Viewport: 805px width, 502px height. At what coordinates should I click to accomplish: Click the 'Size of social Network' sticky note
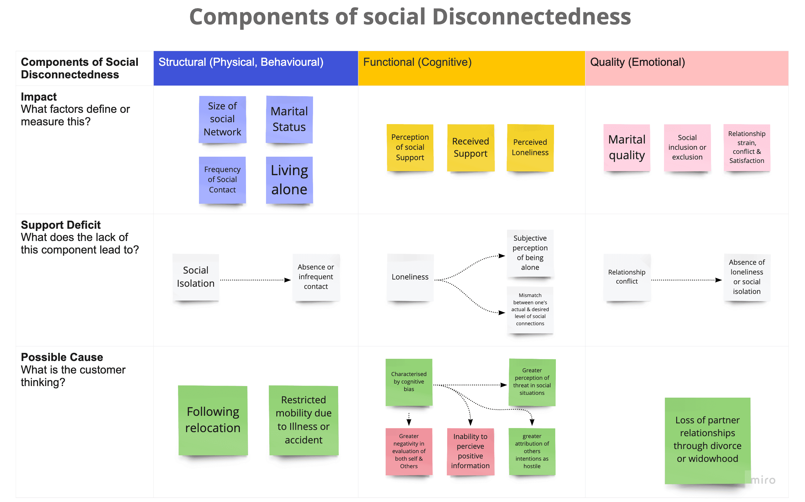click(x=222, y=119)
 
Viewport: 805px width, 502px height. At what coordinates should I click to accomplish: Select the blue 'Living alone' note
click(x=290, y=180)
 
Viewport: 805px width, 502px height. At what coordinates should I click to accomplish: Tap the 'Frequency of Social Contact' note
click(x=222, y=180)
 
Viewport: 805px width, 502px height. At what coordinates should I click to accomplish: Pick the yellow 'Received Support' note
click(x=471, y=148)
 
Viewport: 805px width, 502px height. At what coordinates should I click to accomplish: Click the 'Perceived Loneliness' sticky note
click(x=530, y=148)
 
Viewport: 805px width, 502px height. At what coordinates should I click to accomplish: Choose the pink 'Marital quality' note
click(x=627, y=148)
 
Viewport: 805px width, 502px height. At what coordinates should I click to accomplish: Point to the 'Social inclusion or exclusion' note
click(x=687, y=148)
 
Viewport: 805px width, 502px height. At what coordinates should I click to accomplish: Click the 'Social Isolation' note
click(x=196, y=277)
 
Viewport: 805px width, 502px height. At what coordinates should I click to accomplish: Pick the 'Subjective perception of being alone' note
click(x=530, y=253)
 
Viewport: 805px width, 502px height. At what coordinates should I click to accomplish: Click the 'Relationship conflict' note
click(x=627, y=277)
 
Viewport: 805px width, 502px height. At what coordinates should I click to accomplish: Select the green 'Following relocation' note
click(x=213, y=420)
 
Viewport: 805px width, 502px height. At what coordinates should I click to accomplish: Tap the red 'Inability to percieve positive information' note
click(x=470, y=451)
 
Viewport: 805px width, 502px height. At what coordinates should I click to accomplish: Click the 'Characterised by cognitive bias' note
click(x=409, y=382)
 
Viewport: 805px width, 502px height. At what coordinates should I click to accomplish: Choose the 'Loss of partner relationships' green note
click(x=708, y=440)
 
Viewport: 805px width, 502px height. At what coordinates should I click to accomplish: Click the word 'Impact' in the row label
click(x=39, y=97)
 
